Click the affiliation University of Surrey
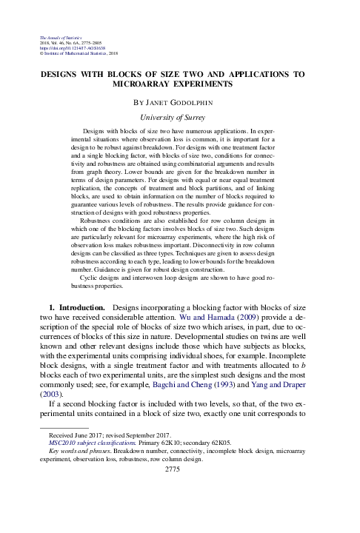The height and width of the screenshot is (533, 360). click(179, 117)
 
